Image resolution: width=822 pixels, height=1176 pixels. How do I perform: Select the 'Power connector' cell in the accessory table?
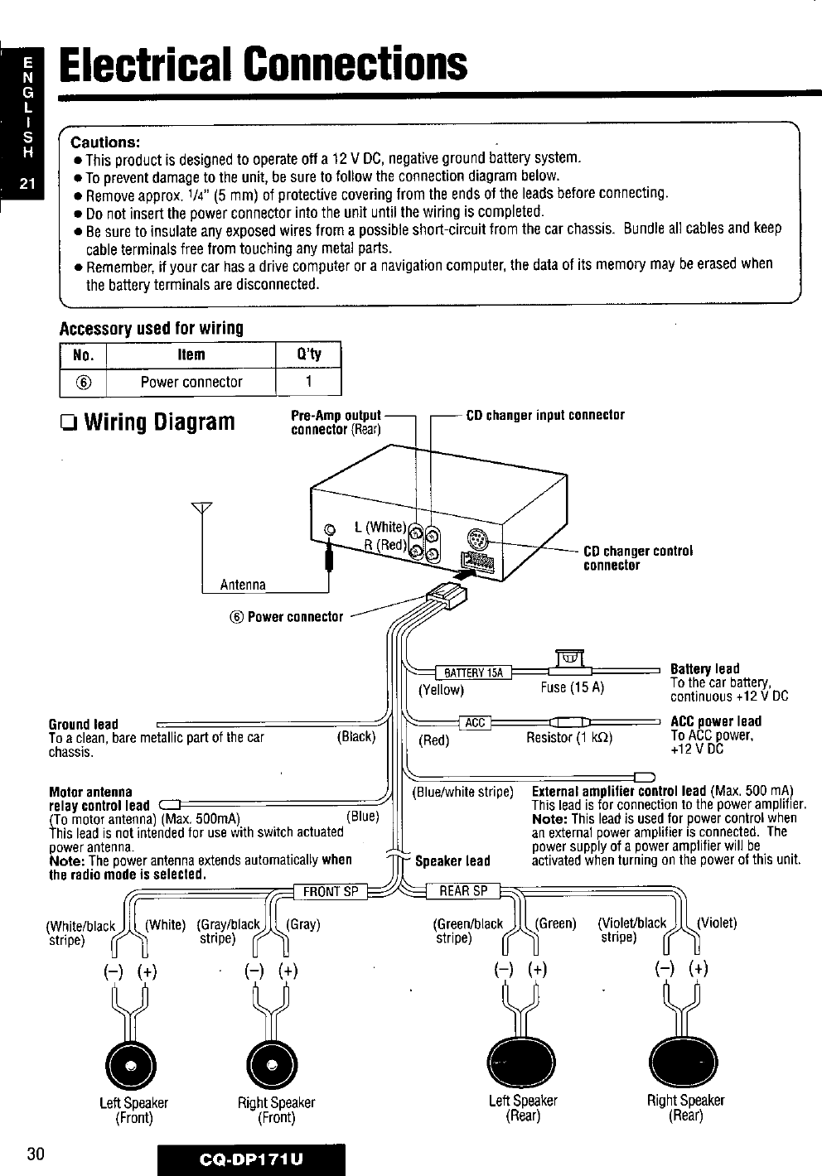click(x=191, y=382)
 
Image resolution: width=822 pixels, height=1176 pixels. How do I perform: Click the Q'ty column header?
click(x=307, y=355)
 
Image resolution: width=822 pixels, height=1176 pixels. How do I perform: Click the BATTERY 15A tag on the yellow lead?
click(x=468, y=672)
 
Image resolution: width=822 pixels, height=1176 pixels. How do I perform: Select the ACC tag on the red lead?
click(x=475, y=723)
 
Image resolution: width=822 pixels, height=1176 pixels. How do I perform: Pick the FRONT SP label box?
click(x=331, y=891)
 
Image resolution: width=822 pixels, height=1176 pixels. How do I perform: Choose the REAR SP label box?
click(x=463, y=891)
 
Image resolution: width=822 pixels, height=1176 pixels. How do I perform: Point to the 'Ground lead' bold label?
click(x=84, y=724)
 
